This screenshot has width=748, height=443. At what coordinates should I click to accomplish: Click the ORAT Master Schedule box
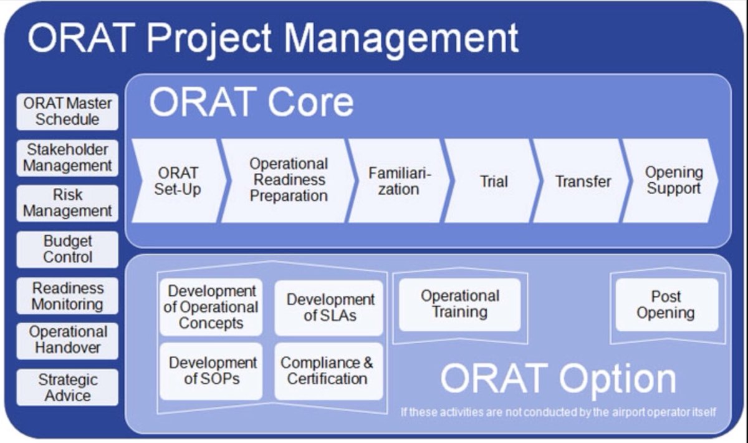[67, 112]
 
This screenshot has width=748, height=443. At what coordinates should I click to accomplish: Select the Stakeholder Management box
[67, 158]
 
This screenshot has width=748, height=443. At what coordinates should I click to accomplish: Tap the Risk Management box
[67, 203]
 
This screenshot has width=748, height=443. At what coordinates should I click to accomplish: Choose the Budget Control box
[67, 250]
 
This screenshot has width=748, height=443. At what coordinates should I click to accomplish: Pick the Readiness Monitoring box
[67, 296]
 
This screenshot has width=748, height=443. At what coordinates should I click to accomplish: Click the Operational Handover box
[67, 341]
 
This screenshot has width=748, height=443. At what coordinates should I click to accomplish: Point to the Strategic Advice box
[67, 387]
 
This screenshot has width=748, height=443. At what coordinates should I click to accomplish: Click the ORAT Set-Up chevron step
[179, 181]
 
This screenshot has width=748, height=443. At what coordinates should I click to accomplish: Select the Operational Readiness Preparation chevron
[289, 181]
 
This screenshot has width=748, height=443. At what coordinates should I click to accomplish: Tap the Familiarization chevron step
[399, 181]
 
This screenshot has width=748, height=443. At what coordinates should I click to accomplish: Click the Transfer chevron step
[582, 181]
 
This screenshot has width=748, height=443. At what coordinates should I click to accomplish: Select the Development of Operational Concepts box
[211, 307]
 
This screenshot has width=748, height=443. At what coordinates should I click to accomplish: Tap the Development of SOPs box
[211, 371]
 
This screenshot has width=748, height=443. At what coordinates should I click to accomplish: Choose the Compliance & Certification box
[329, 371]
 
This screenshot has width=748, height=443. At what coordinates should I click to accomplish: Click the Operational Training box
[460, 305]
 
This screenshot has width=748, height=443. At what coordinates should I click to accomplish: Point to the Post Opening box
[667, 305]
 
